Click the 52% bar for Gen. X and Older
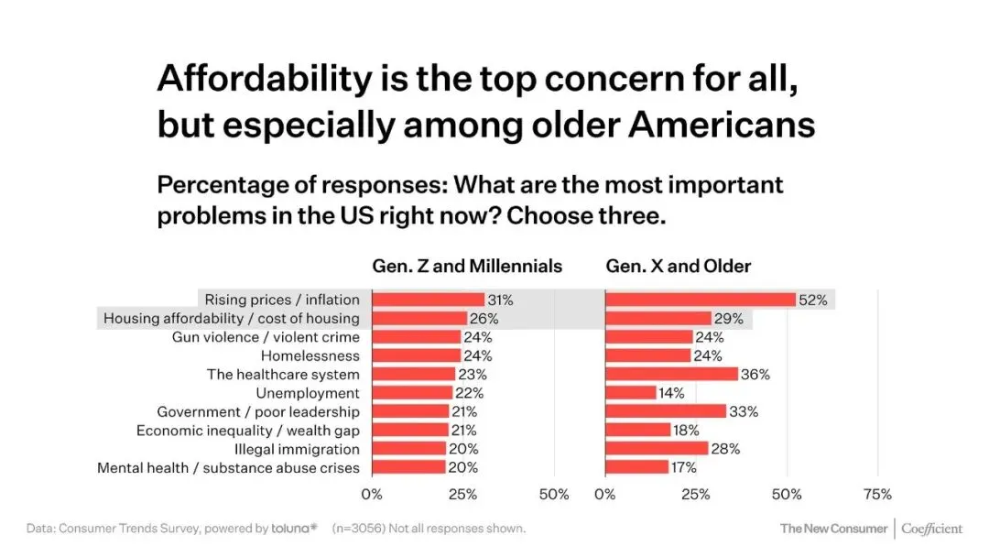[701, 300]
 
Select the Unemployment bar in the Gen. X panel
[631, 393]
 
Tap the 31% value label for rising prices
[501, 300]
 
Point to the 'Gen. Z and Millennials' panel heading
[467, 267]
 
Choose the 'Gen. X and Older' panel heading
[679, 267]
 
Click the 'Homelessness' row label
[310, 355]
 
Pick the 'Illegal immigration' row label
[297, 449]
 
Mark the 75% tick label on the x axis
[877, 495]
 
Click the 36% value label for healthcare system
[755, 374]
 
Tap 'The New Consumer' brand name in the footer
[833, 529]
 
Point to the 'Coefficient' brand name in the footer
[932, 529]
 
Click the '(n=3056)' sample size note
[362, 529]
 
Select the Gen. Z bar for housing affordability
[419, 318]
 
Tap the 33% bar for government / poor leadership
[666, 411]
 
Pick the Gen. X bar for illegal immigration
[657, 449]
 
